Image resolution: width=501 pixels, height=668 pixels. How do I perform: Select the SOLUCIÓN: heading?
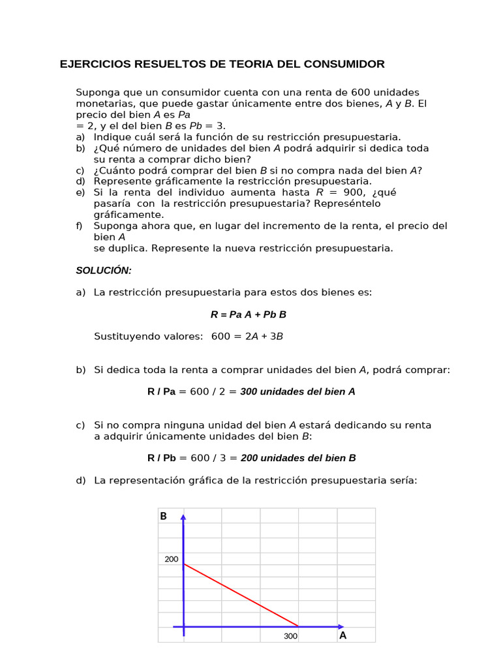tap(104, 270)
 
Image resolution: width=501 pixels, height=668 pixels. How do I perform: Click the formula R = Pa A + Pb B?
tap(248, 314)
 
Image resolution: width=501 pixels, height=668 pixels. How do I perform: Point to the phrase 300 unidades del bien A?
tap(297, 391)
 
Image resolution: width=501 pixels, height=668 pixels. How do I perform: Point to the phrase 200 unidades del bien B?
tap(298, 458)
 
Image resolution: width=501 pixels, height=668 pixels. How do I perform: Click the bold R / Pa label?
tap(162, 391)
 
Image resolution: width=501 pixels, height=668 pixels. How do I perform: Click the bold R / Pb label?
tap(162, 458)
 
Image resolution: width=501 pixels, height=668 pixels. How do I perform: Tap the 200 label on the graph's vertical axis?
tap(171, 559)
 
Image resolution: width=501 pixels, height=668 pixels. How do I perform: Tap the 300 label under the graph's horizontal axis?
tap(290, 636)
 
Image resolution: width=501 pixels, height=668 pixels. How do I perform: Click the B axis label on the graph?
tap(163, 516)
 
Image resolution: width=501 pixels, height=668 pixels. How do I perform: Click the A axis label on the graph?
tap(342, 635)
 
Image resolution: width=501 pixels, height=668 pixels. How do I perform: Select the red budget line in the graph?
tap(241, 595)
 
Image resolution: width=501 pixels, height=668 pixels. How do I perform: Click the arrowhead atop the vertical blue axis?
tap(183, 517)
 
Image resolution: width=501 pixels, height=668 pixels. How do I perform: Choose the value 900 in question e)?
tap(354, 192)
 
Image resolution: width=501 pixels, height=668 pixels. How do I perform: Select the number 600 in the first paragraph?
tap(362, 93)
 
